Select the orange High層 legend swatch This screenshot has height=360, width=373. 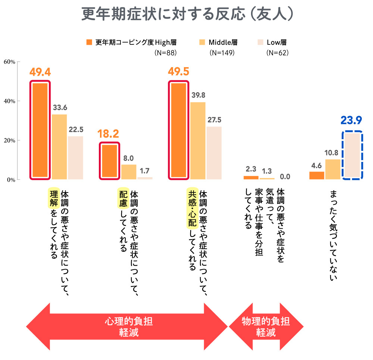click(x=89, y=42)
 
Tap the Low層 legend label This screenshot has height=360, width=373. click(x=276, y=42)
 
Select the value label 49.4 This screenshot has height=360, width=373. click(x=40, y=72)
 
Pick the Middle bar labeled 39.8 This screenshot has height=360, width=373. click(x=198, y=140)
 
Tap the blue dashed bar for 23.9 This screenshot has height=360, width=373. click(x=352, y=155)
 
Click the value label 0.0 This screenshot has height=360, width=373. click(x=285, y=176)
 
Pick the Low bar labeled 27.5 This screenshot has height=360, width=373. click(x=214, y=153)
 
